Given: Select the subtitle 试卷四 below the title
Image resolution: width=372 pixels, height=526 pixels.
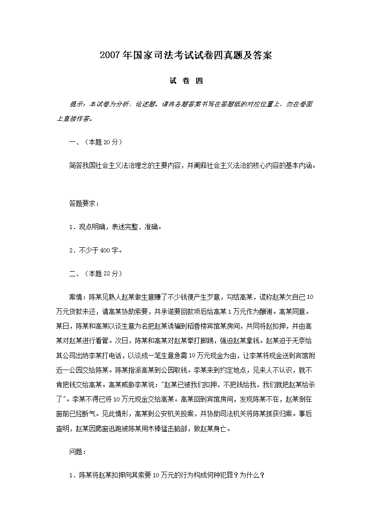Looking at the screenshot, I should click(x=186, y=81).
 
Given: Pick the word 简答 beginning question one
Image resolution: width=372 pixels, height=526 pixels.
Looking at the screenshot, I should click(x=75, y=165).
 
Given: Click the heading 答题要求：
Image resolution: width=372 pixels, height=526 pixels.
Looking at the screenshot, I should click(x=84, y=204).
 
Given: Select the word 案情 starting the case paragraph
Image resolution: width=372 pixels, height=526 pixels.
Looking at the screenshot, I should click(x=75, y=297).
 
